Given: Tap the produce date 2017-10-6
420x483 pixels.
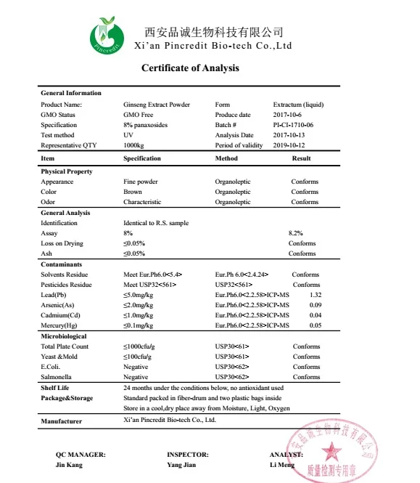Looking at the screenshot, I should (288, 115).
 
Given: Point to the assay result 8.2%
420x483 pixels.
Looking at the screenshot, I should (295, 233).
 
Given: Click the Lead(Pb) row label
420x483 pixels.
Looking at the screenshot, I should (56, 295).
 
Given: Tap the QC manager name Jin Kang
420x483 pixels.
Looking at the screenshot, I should (70, 464).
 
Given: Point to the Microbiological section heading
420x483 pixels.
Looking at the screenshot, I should (65, 336).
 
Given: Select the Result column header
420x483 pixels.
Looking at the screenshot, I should (301, 158).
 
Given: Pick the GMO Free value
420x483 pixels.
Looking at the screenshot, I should (138, 115).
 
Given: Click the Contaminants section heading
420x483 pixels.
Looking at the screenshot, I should (61, 264).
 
